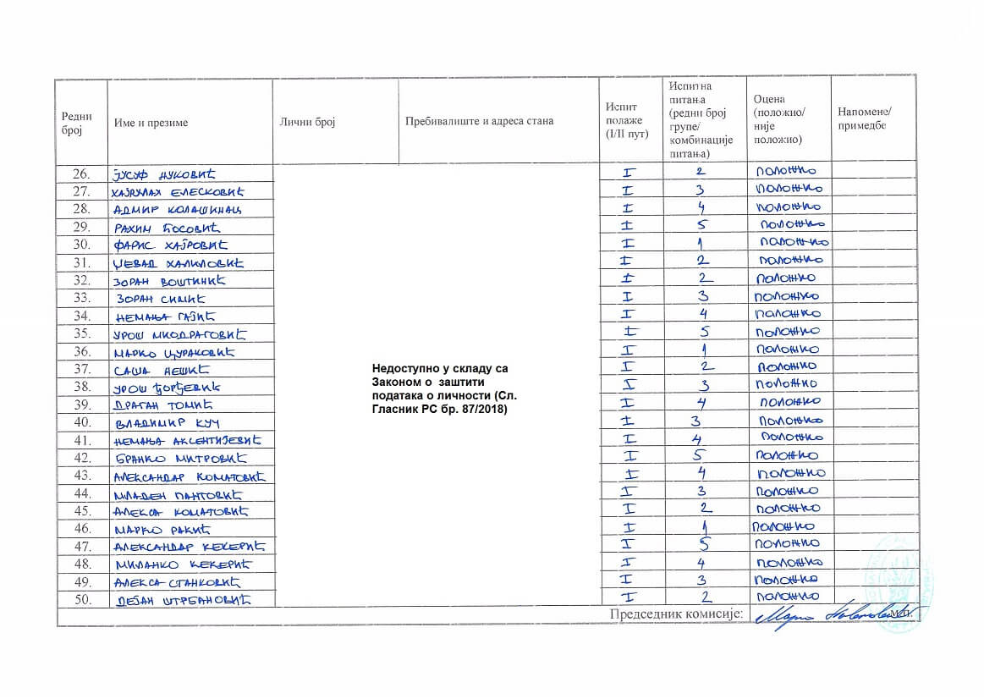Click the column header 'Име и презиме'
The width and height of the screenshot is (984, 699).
[x=151, y=122]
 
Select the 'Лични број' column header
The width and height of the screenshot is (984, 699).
[x=308, y=122]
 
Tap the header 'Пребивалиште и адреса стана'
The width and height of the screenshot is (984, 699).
[x=479, y=121]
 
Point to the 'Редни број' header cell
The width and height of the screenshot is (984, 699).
[x=77, y=122]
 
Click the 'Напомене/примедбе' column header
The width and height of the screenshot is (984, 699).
[x=865, y=118]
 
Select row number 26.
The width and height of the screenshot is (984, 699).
[x=81, y=174]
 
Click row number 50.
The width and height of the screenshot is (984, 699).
[x=81, y=600]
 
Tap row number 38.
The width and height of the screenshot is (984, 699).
[x=81, y=387]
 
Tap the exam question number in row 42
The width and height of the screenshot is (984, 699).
[x=701, y=457]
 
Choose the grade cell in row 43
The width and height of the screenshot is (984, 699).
[x=790, y=474]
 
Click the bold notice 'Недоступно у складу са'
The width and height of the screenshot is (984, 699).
[x=441, y=368]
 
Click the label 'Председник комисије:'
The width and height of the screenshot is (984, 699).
[x=676, y=614]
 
